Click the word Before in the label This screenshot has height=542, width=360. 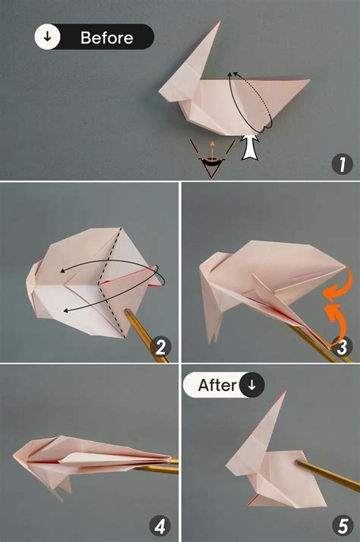click(x=107, y=37)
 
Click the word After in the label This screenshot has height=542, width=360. click(x=217, y=385)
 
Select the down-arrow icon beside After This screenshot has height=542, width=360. click(x=252, y=385)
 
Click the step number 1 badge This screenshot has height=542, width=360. click(x=343, y=164)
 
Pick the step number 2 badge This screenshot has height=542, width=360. click(x=160, y=348)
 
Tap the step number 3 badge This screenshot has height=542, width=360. click(x=343, y=348)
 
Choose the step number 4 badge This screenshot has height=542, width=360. click(x=160, y=525)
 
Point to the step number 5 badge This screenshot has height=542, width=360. click(x=343, y=525)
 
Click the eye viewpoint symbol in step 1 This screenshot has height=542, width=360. click(x=211, y=162)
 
